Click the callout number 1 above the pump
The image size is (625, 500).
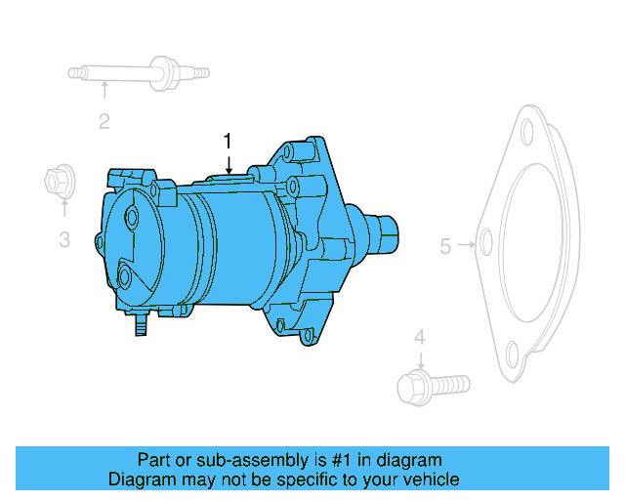tap(228, 141)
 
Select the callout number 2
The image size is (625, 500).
tap(104, 121)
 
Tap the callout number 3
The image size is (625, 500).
tap(63, 238)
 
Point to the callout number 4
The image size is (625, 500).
tap(419, 337)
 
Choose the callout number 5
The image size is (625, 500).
tap(445, 246)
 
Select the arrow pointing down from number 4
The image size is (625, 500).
tap(419, 360)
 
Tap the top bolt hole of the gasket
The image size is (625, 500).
tap(528, 133)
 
